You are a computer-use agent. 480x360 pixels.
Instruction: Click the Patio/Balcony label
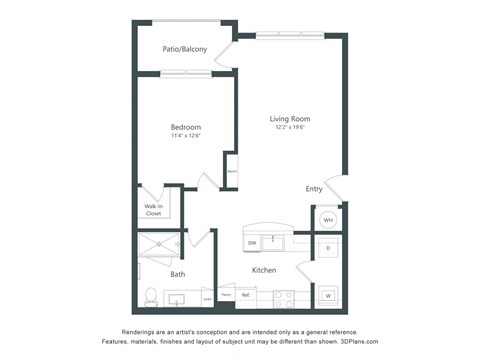tap(186, 49)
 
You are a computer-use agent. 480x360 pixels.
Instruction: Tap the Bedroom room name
tap(186, 127)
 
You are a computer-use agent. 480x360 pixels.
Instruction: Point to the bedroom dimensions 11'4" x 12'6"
tap(186, 137)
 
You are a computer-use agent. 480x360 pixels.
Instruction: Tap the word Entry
tap(314, 188)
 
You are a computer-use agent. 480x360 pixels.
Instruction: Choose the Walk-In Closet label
tap(153, 210)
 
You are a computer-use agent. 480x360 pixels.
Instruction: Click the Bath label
tap(177, 273)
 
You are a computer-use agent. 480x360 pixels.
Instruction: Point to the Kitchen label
tap(264, 270)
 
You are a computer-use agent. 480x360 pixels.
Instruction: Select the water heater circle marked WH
tap(328, 221)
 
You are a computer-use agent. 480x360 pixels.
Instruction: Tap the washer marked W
tap(328, 296)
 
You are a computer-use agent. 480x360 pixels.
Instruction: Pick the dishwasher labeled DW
tap(252, 243)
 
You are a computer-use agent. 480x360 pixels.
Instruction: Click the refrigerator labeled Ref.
tap(245, 295)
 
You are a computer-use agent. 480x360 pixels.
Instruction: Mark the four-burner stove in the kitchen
tap(281, 296)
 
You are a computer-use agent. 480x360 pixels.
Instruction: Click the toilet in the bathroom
tap(151, 297)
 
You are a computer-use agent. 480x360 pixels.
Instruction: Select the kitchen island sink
tap(272, 241)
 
